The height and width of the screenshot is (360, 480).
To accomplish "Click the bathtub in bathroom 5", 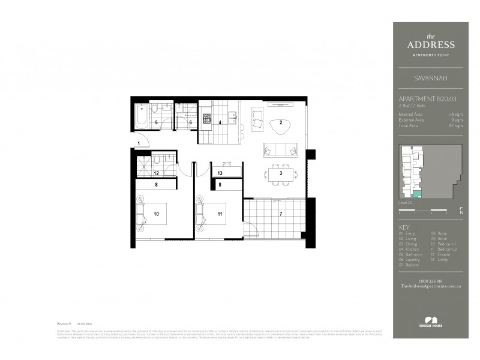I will (x=142, y=115).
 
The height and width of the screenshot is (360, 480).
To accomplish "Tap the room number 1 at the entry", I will (x=139, y=143).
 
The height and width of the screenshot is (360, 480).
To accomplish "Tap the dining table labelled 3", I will (x=280, y=173).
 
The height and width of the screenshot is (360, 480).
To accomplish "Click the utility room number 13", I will (x=220, y=173).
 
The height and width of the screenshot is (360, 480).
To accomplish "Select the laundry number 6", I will (x=190, y=122).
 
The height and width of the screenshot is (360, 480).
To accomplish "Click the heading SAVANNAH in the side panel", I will (x=430, y=77).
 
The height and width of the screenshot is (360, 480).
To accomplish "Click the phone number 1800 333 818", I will (x=430, y=282).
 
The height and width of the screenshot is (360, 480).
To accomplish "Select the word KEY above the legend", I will (x=403, y=227).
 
